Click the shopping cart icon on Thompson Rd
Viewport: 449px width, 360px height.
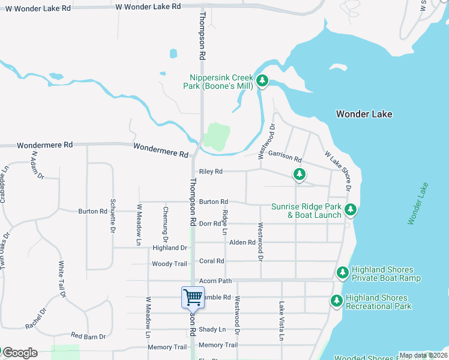(193, 298)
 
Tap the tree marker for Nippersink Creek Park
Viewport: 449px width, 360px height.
(262, 81)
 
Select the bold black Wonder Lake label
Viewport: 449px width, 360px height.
(364, 114)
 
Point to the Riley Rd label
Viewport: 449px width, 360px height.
(211, 172)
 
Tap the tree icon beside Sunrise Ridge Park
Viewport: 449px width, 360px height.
(351, 210)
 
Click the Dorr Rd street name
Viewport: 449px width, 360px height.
(210, 224)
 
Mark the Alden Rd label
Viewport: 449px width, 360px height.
(243, 242)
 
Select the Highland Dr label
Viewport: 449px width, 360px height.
(170, 248)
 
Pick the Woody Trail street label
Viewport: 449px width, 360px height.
(169, 264)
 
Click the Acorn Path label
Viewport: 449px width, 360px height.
(215, 281)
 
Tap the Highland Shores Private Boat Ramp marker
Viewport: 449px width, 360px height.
(343, 273)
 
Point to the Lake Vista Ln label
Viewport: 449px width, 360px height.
(281, 321)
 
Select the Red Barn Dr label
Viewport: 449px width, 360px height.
(88, 336)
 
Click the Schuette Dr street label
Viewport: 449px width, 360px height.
(112, 216)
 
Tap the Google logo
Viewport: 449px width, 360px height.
(19, 353)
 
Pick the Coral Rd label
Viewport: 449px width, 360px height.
(211, 261)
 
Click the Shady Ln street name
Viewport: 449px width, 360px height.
(212, 329)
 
